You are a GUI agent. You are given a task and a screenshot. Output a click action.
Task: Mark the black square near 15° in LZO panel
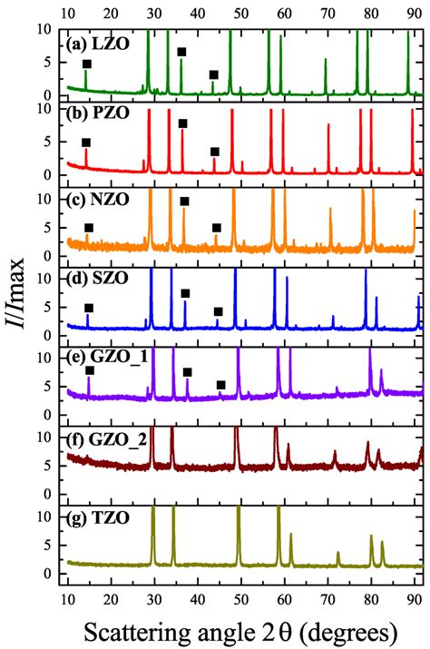coord(87,64)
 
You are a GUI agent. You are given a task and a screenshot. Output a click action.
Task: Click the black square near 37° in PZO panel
coord(183,123)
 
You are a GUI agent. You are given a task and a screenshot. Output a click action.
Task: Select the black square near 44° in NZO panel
coord(217,228)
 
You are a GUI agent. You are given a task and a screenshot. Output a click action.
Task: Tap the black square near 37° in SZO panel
coord(186,293)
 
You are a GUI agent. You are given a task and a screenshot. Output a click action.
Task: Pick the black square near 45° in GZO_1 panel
coord(221,385)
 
